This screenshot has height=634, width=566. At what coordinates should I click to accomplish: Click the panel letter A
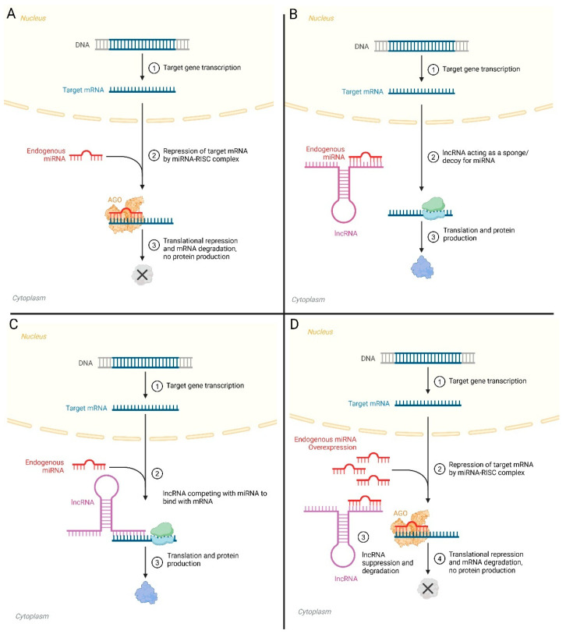(12, 14)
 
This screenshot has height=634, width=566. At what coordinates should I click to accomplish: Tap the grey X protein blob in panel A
(142, 275)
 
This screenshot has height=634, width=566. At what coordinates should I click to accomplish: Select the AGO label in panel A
(115, 200)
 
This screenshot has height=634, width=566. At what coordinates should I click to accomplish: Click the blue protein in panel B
(422, 267)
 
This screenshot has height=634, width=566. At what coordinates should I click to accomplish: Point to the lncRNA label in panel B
(345, 233)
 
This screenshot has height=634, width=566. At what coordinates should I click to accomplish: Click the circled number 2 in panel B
(433, 157)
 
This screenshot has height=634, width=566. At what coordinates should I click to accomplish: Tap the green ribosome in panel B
(433, 204)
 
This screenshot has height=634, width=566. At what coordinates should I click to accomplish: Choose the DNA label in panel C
(85, 363)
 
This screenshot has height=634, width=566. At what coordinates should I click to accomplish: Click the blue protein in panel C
(146, 593)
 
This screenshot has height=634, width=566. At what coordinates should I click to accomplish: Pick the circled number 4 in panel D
(440, 559)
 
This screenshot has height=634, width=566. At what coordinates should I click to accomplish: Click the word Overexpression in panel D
(332, 447)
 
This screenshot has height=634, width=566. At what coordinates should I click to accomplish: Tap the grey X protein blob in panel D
(428, 588)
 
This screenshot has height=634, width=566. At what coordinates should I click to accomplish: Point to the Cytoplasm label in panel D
(314, 611)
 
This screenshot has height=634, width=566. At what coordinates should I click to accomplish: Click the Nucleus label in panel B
(321, 18)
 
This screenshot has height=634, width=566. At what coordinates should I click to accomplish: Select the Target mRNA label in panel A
(83, 90)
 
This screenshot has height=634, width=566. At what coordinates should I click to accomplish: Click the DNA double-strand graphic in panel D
(428, 358)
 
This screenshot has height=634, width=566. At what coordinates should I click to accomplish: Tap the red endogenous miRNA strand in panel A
(86, 155)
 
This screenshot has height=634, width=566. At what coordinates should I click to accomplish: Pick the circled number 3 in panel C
(157, 562)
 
